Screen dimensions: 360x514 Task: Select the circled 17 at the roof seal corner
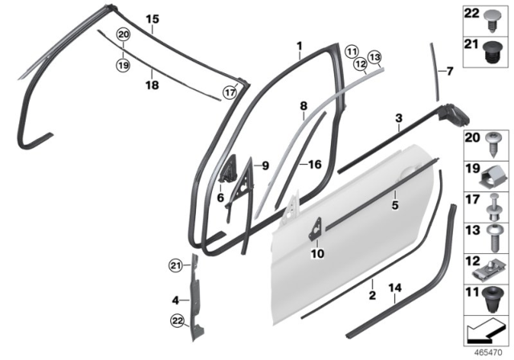pos(230,92)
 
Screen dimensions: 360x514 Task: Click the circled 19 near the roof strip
pos(122,61)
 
